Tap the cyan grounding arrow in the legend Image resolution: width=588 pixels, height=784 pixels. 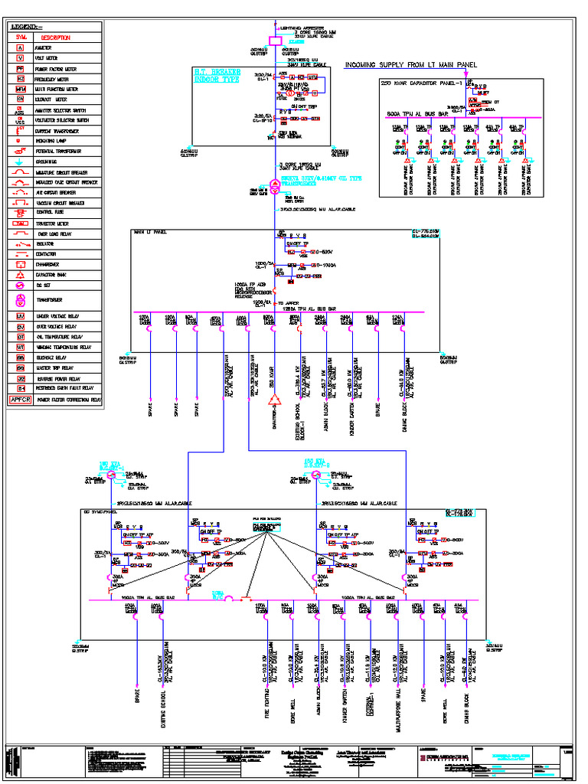tap(21, 162)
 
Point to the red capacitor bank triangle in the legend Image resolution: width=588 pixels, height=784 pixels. tap(21, 273)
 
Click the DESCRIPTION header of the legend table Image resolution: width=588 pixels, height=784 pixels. tap(55, 37)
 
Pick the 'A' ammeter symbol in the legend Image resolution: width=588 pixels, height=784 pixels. tap(21, 47)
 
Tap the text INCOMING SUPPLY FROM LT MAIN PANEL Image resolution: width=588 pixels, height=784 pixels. tap(410, 65)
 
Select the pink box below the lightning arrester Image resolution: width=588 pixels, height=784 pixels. tap(275, 41)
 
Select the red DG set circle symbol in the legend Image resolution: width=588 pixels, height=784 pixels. tap(21, 285)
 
